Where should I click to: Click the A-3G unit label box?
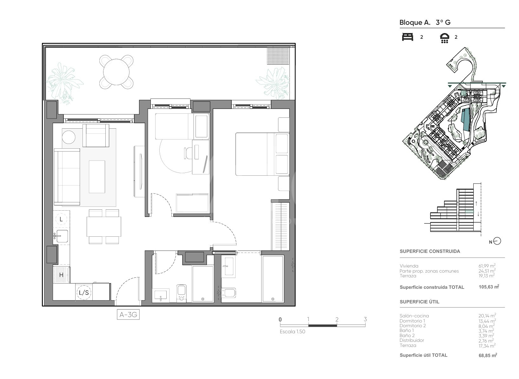128,315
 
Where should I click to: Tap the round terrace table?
116,72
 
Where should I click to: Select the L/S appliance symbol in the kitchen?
84,293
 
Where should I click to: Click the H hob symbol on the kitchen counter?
61,275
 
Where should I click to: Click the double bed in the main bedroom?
263,154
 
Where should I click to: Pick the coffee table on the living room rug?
97,177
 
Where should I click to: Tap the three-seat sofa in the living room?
67,177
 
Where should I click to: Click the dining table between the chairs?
104,227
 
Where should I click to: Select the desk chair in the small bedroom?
188,153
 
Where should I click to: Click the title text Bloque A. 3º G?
425,23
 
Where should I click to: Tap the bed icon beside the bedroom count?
408,37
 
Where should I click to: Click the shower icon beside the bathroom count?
444,38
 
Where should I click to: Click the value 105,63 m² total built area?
489,287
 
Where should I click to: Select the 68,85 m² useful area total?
488,355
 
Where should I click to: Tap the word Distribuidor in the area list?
412,340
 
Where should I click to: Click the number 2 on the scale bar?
337,319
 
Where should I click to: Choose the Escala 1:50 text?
292,331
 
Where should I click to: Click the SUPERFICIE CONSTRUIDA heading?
430,251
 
